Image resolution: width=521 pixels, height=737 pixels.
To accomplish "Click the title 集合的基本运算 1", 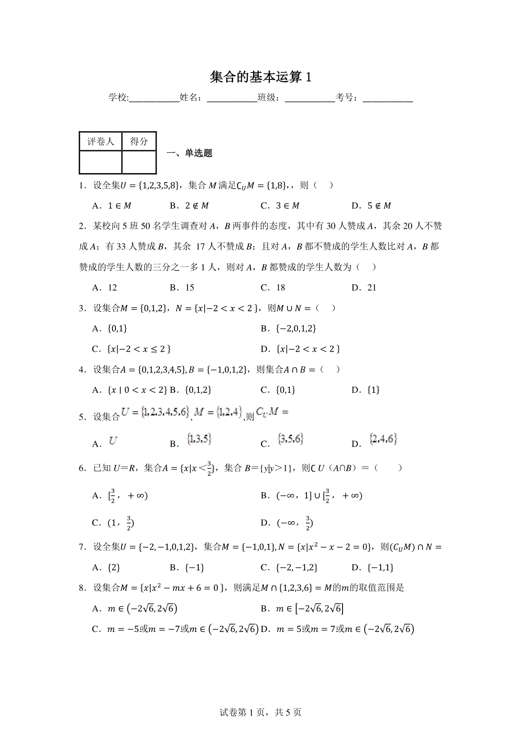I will (260, 77).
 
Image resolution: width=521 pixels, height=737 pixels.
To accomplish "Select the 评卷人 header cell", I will (100, 141).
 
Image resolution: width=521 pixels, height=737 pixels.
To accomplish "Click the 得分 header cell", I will (139, 141).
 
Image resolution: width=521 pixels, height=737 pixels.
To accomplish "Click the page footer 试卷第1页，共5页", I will (260, 712).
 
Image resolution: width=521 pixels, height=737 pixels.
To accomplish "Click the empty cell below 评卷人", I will (100, 162).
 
